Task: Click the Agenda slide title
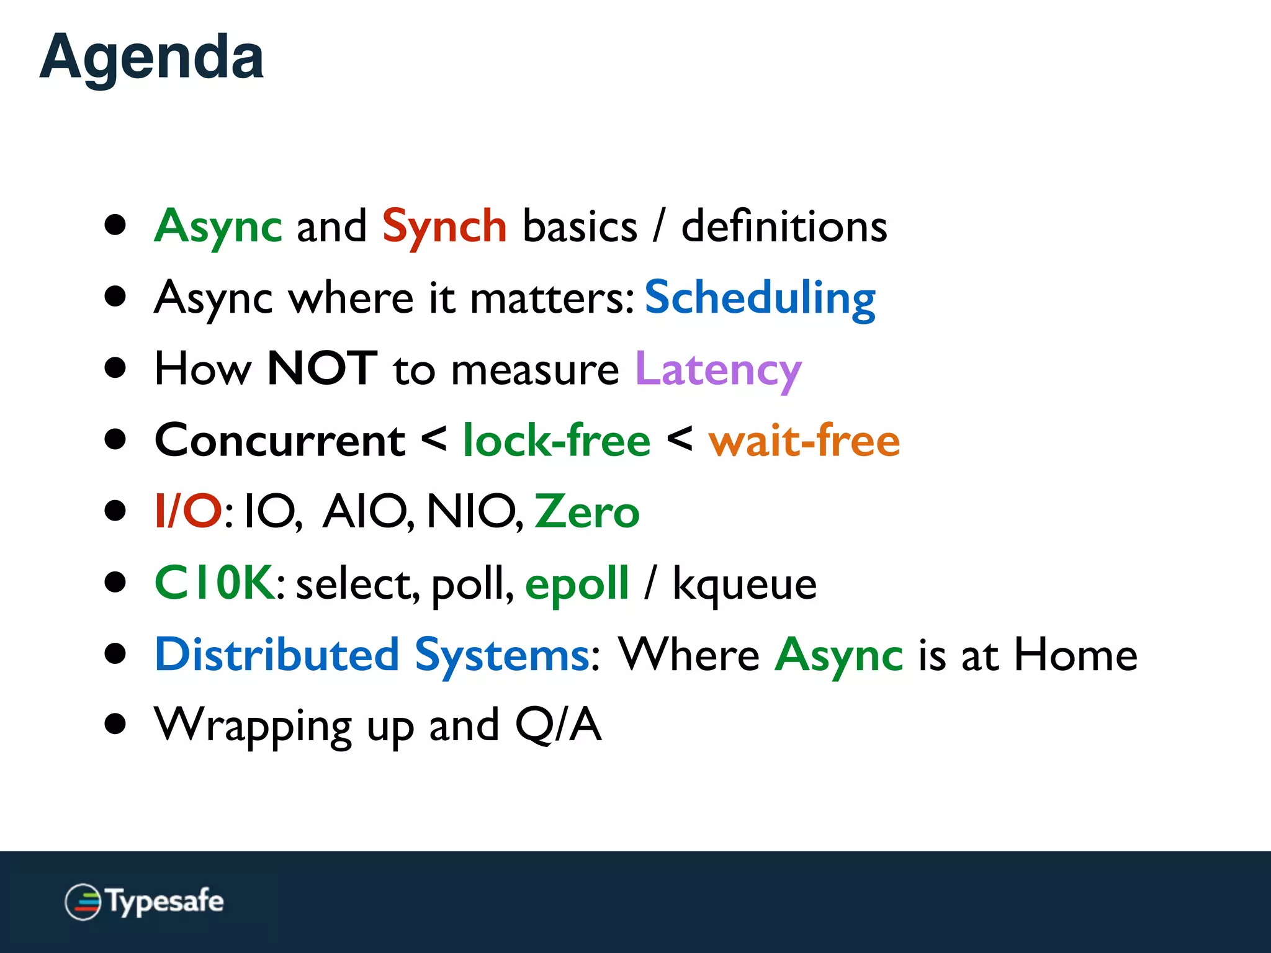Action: pos(151,58)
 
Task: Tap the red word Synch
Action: pos(444,227)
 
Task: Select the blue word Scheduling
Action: pos(760,298)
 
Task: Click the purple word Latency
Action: pos(718,370)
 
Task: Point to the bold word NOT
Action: pos(321,369)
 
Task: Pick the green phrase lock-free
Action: pos(557,441)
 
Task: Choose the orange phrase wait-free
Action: pos(804,441)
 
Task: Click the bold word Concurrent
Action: pos(280,441)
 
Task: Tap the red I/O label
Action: pos(188,512)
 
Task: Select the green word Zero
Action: pos(586,512)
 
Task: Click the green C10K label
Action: pos(214,583)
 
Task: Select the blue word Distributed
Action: pos(277,655)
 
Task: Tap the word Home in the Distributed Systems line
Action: pos(1075,655)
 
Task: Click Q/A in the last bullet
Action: pos(558,725)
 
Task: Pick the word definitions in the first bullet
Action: pos(784,226)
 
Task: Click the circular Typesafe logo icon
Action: pos(83,902)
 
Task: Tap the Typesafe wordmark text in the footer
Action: pos(165,902)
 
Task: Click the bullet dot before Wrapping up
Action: pos(115,723)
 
